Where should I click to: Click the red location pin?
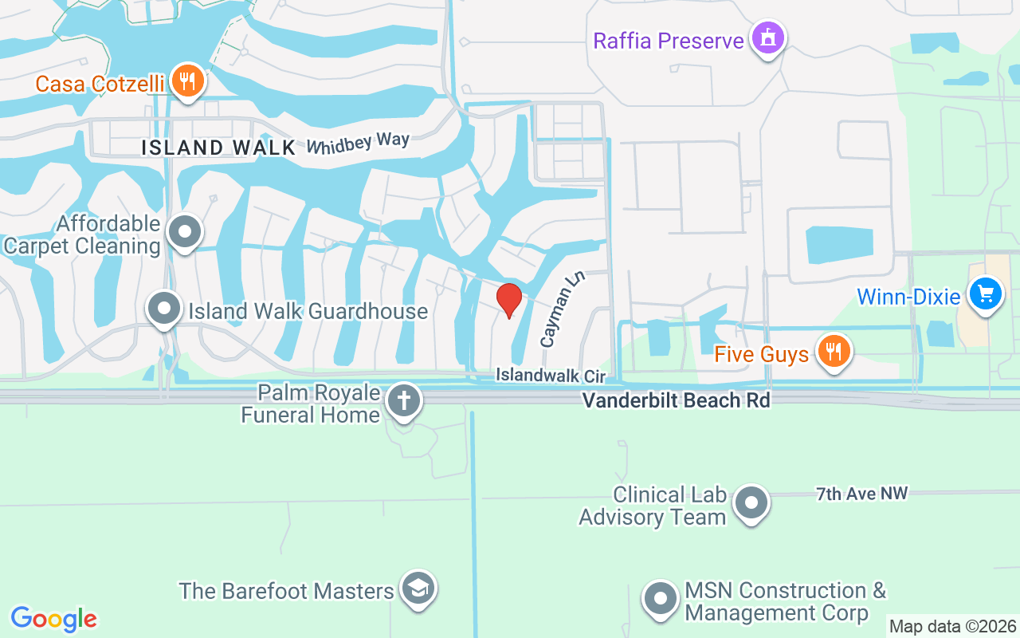[x=509, y=300]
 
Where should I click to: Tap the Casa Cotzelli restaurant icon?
[x=187, y=81]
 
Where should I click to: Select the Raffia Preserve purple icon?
[x=768, y=37]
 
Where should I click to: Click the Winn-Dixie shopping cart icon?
[x=986, y=294]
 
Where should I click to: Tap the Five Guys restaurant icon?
[x=834, y=351]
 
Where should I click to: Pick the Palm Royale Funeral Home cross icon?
[x=404, y=401]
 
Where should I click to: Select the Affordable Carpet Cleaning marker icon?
[x=186, y=232]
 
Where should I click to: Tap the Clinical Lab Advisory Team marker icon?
[x=751, y=503]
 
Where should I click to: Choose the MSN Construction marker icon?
[x=661, y=599]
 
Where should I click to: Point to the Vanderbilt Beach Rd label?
[x=676, y=400]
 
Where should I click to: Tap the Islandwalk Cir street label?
[x=551, y=375]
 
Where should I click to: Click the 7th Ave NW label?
[x=861, y=494]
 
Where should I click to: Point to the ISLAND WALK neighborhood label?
[x=218, y=148]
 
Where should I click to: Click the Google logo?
[x=54, y=619]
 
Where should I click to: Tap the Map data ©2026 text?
[x=953, y=627]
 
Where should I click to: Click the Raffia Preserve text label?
[x=669, y=40]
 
